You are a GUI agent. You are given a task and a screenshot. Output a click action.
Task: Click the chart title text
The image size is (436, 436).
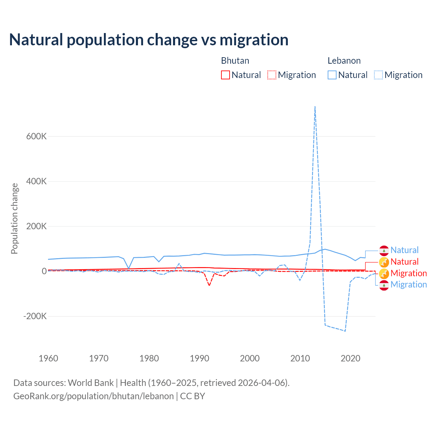[x=149, y=40]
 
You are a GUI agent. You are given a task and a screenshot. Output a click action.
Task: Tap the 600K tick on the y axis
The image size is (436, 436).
[x=36, y=136]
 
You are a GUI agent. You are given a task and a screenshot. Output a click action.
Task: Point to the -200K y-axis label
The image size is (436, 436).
[x=35, y=316]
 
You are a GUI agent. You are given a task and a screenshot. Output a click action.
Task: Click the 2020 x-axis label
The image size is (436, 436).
[x=351, y=358]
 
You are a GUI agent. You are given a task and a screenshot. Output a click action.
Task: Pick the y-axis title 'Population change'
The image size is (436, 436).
[x=14, y=218]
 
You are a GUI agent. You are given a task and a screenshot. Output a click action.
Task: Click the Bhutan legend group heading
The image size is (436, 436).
[x=235, y=61]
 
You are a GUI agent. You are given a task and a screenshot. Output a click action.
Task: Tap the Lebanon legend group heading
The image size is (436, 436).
[x=344, y=61]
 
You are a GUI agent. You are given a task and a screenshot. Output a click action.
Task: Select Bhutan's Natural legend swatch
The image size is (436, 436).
[x=225, y=75]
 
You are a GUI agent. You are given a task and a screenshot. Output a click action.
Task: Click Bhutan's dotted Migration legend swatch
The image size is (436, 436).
[x=272, y=75]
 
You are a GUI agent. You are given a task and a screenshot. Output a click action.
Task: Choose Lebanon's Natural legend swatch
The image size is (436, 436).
[x=332, y=75]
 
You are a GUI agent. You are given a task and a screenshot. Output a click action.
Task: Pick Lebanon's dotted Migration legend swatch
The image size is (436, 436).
[x=378, y=75]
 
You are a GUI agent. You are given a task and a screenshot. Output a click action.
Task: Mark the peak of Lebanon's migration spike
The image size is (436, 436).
[x=315, y=107]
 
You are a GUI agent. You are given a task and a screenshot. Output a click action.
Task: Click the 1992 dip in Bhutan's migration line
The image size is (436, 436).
[x=209, y=285]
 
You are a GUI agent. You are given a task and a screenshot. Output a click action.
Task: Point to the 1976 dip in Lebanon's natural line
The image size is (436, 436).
[x=129, y=268]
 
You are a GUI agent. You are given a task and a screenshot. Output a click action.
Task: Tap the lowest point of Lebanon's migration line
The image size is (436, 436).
[x=345, y=331]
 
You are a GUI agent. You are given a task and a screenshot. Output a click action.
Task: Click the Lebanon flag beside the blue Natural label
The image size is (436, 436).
[x=384, y=250]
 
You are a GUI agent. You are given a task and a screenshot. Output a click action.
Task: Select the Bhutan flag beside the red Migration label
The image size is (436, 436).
[x=384, y=273]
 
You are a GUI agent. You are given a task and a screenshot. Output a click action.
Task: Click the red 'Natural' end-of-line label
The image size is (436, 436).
[x=404, y=262]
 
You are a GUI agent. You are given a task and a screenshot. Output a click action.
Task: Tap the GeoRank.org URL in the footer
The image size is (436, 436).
[x=94, y=396]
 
